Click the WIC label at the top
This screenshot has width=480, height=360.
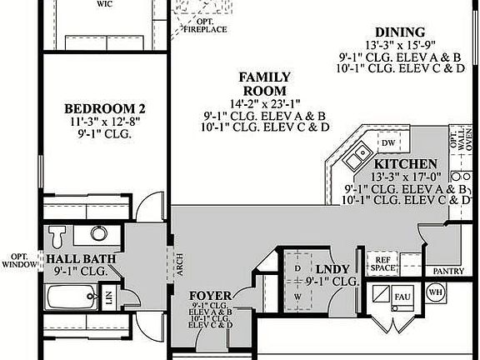pos(105,3)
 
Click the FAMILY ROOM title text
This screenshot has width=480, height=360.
pos(264,83)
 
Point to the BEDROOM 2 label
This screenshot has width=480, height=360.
pos(105,107)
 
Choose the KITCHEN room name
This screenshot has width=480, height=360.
pos(405,164)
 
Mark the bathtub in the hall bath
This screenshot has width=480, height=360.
pos(71,296)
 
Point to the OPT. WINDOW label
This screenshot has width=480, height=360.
pos(18,262)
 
